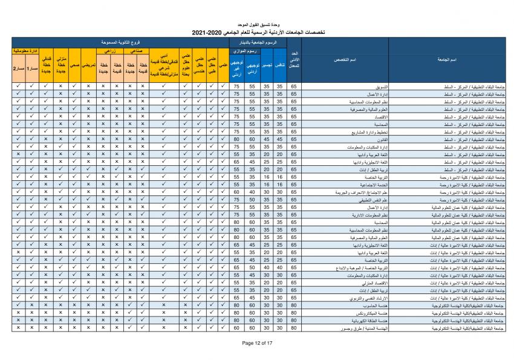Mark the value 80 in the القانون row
[237, 138]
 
